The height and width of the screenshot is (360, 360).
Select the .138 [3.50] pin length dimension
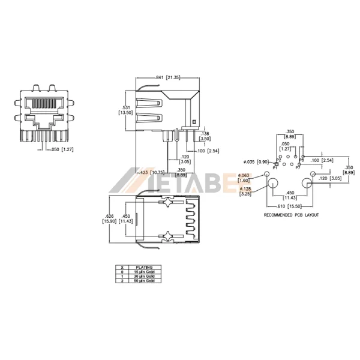point(205,136)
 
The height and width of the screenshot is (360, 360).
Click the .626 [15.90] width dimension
point(109,220)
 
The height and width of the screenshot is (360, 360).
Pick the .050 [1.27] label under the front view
point(63,149)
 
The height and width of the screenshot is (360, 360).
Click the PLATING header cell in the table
point(144,267)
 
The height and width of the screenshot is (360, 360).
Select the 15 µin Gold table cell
point(144,271)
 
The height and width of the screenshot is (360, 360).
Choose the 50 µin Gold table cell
point(144,280)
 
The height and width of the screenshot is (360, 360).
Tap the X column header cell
point(122,267)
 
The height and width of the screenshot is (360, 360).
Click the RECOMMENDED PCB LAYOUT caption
point(291,214)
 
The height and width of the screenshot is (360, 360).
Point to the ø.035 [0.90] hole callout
point(254,161)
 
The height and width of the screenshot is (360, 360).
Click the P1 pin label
point(275,169)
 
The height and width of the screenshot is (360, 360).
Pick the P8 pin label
point(301,160)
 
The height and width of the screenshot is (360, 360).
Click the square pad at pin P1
point(276,164)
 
